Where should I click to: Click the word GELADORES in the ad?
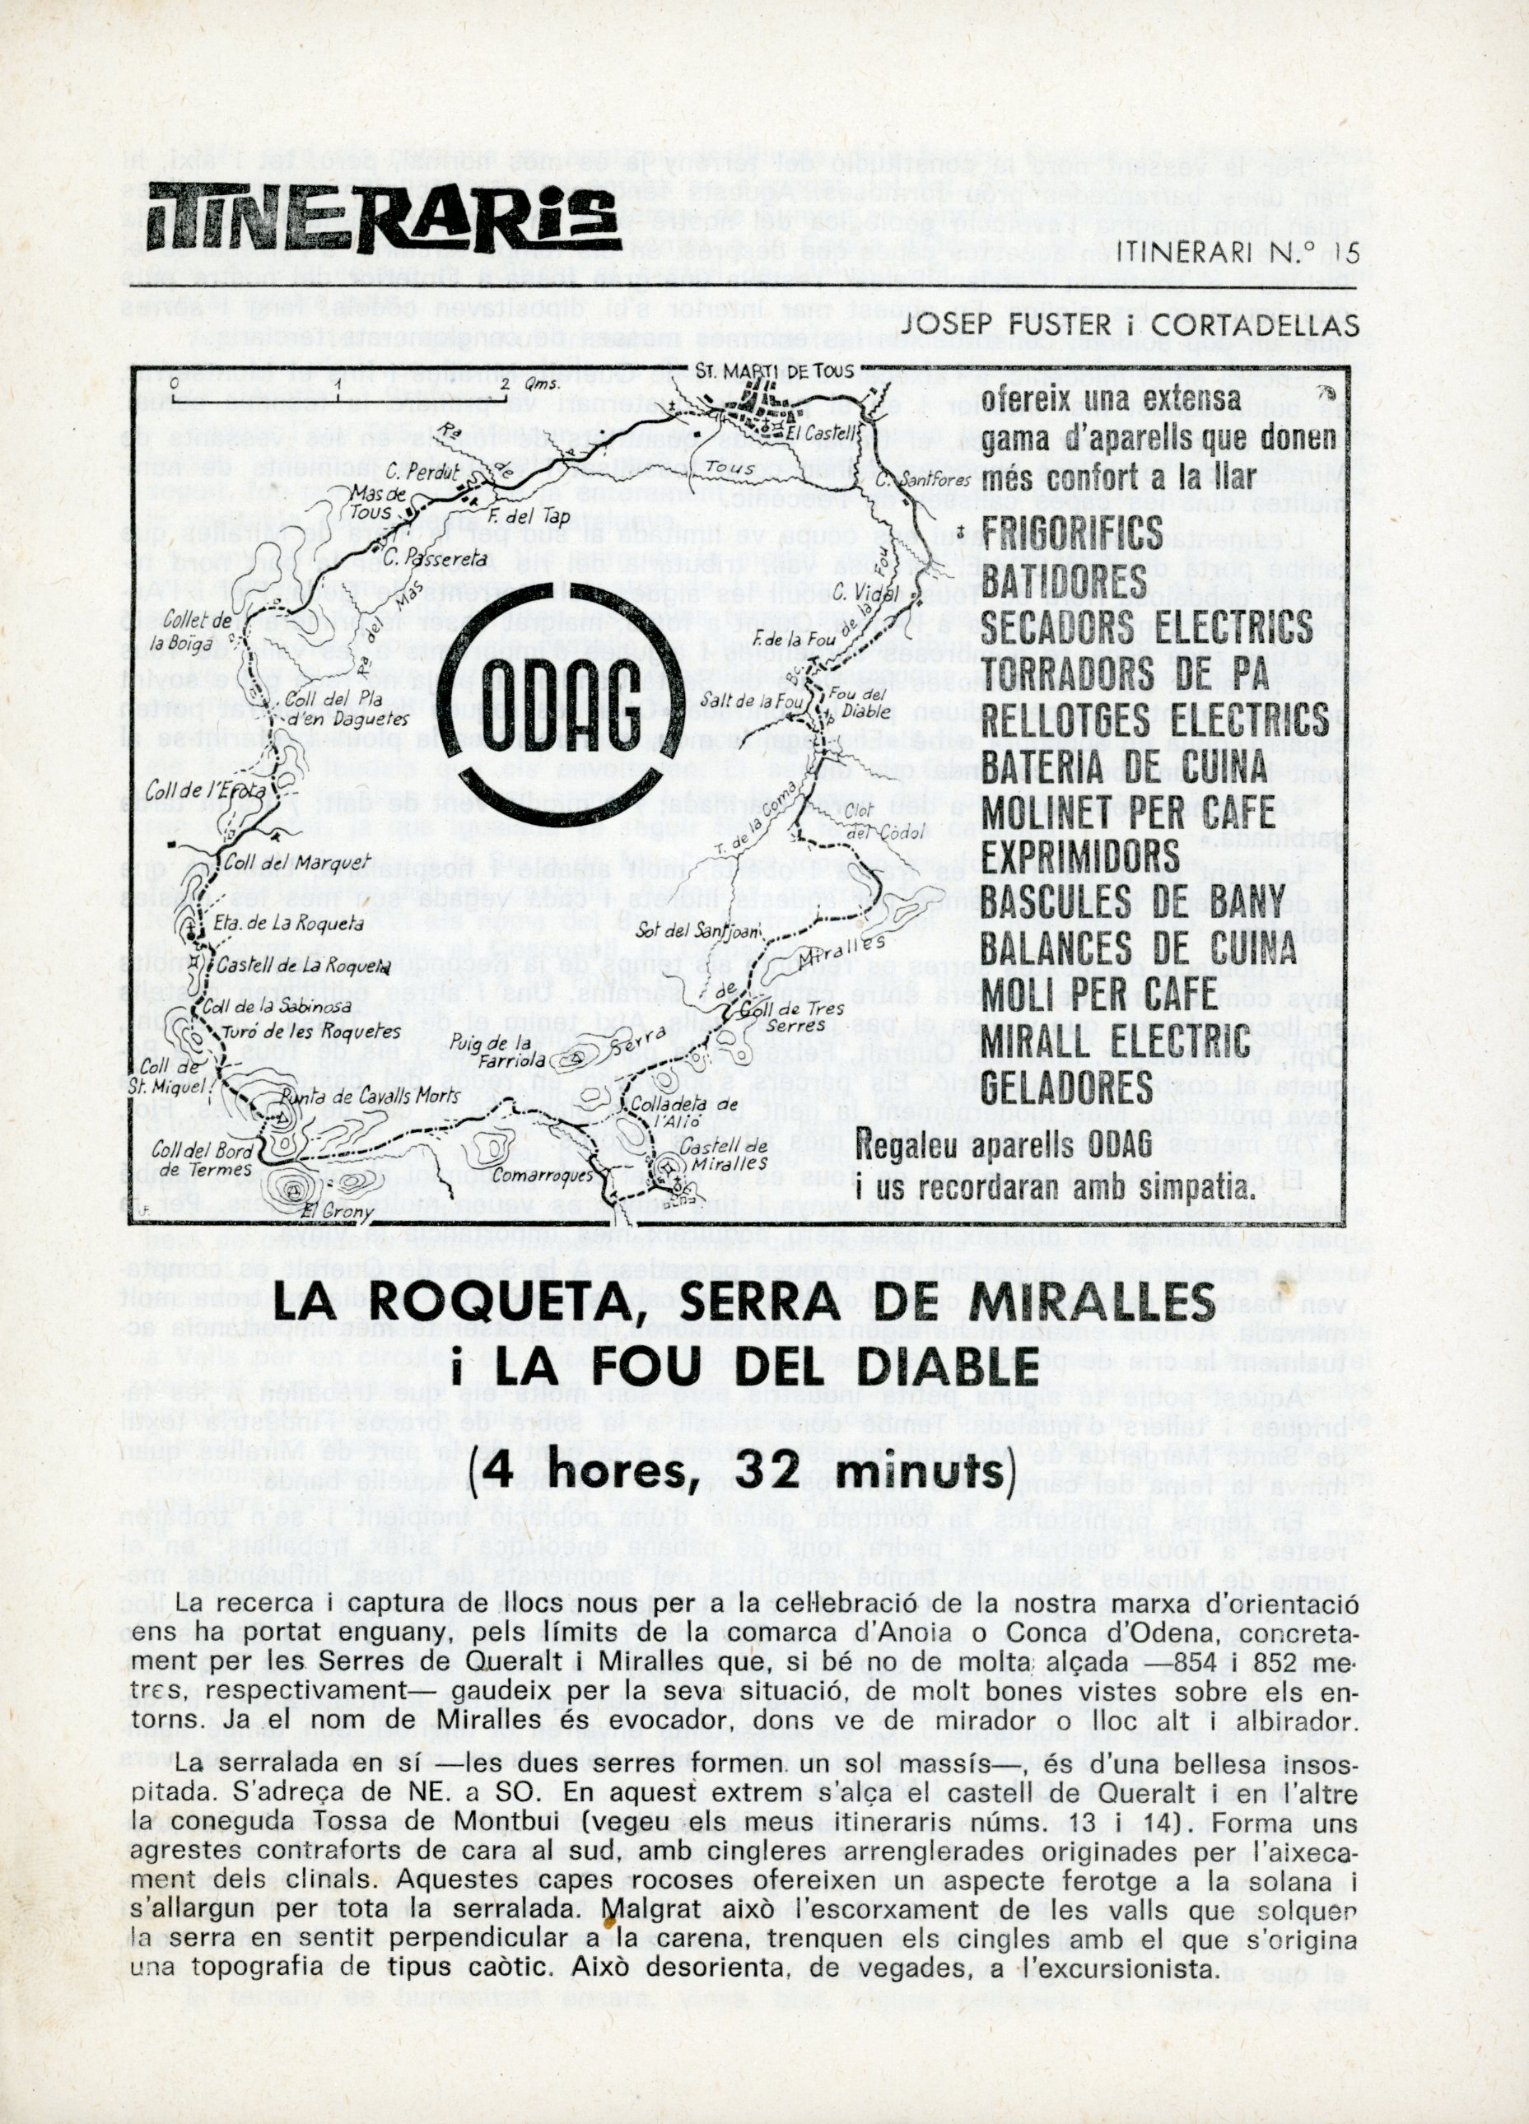click(x=1067, y=1088)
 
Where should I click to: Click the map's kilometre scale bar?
click(x=339, y=382)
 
